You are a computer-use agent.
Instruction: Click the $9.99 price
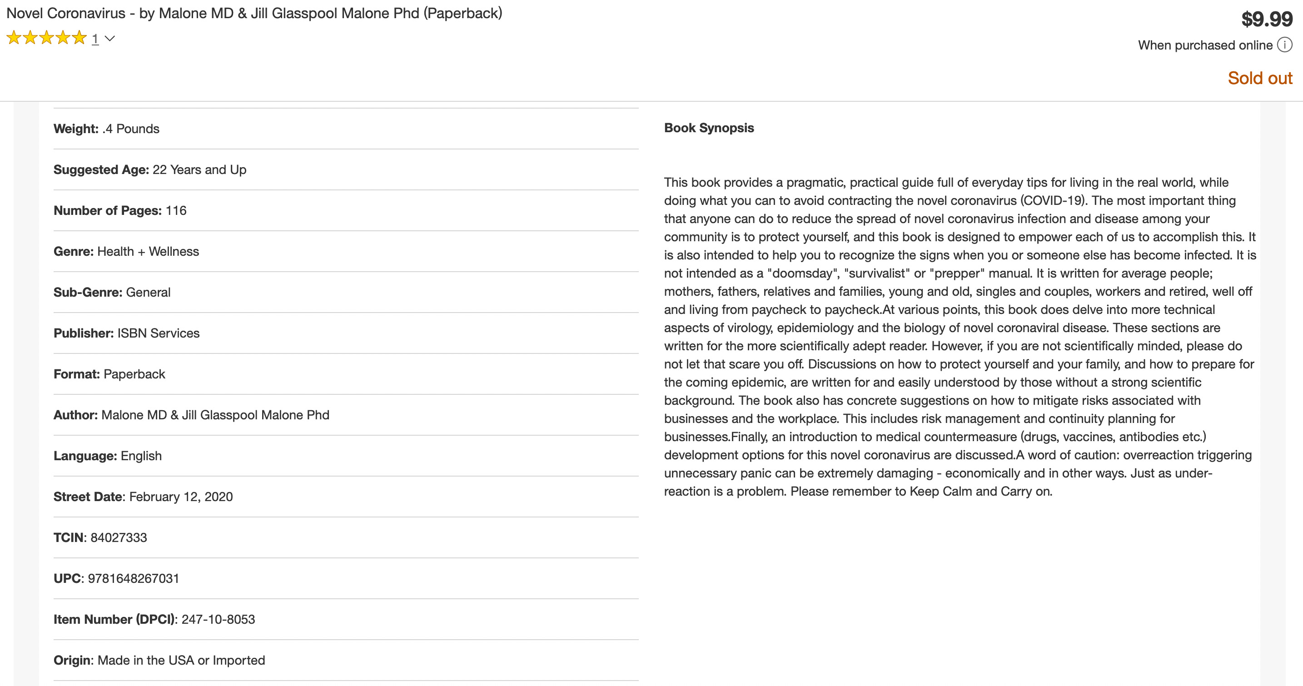pyautogui.click(x=1267, y=19)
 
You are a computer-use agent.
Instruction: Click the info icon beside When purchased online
pyautogui.click(x=1284, y=45)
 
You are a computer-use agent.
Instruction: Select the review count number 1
pyautogui.click(x=95, y=39)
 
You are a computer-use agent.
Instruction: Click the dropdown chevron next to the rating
pyautogui.click(x=110, y=39)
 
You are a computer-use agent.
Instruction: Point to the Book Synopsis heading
pyautogui.click(x=709, y=128)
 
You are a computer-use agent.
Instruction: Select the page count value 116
pyautogui.click(x=176, y=210)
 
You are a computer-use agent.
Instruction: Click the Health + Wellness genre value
pyautogui.click(x=148, y=251)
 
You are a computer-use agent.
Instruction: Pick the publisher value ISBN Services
pyautogui.click(x=158, y=333)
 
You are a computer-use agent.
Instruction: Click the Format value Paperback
pyautogui.click(x=134, y=374)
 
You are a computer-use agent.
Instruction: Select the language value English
pyautogui.click(x=141, y=456)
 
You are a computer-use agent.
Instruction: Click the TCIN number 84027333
pyautogui.click(x=119, y=537)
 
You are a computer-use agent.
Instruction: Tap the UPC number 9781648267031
pyautogui.click(x=134, y=578)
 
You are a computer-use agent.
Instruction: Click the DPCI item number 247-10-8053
pyautogui.click(x=218, y=619)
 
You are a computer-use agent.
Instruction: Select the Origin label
pyautogui.click(x=72, y=660)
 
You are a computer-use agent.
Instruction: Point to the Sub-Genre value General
pyautogui.click(x=148, y=293)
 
